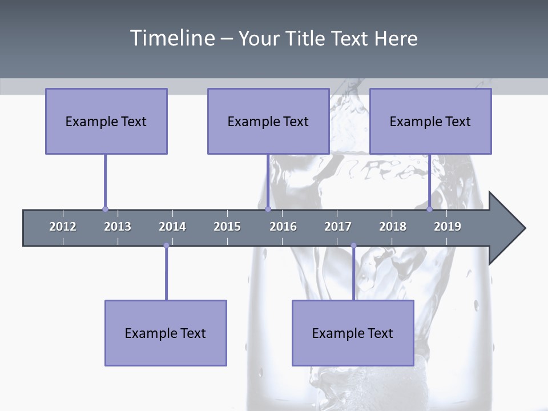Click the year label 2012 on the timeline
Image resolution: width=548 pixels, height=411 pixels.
click(63, 227)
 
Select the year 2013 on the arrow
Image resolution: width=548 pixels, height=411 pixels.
click(118, 227)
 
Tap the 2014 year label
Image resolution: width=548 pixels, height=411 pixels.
click(172, 227)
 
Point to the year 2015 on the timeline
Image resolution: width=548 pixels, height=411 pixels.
click(227, 227)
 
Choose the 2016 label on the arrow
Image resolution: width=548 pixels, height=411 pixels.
click(283, 227)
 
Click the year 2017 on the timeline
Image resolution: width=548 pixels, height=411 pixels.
click(338, 227)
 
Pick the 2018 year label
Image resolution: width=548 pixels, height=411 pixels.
click(393, 227)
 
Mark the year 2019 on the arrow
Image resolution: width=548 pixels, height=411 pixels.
click(448, 227)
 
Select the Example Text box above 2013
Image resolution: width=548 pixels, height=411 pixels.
click(106, 121)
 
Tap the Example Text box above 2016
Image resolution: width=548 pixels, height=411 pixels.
click(268, 121)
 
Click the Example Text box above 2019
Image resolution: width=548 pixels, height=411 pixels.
click(430, 121)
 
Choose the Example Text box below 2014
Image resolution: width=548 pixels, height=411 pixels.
click(166, 333)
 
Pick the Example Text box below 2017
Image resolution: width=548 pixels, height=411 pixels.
click(353, 333)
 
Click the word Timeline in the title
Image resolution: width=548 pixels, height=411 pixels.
click(171, 38)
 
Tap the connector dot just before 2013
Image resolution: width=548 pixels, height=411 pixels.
click(105, 209)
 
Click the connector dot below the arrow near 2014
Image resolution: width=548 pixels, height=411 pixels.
click(166, 245)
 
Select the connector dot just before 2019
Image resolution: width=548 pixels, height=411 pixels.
click(429, 209)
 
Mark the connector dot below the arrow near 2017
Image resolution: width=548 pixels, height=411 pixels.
click(353, 245)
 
